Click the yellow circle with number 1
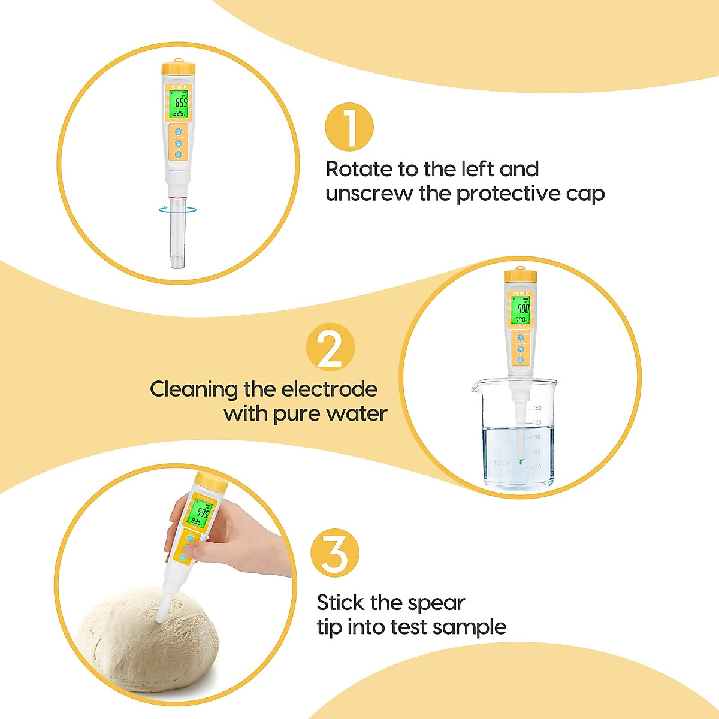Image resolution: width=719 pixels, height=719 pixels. tap(349, 128)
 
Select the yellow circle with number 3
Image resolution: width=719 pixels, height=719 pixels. tap(335, 554)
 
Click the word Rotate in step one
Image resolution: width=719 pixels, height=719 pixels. tap(358, 169)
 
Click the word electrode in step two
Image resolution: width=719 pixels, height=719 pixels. tap(329, 389)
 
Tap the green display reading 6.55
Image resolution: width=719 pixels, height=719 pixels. tap(178, 103)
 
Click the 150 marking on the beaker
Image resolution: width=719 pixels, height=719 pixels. tap(537, 408)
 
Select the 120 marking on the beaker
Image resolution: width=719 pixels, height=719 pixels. tap(537, 423)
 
